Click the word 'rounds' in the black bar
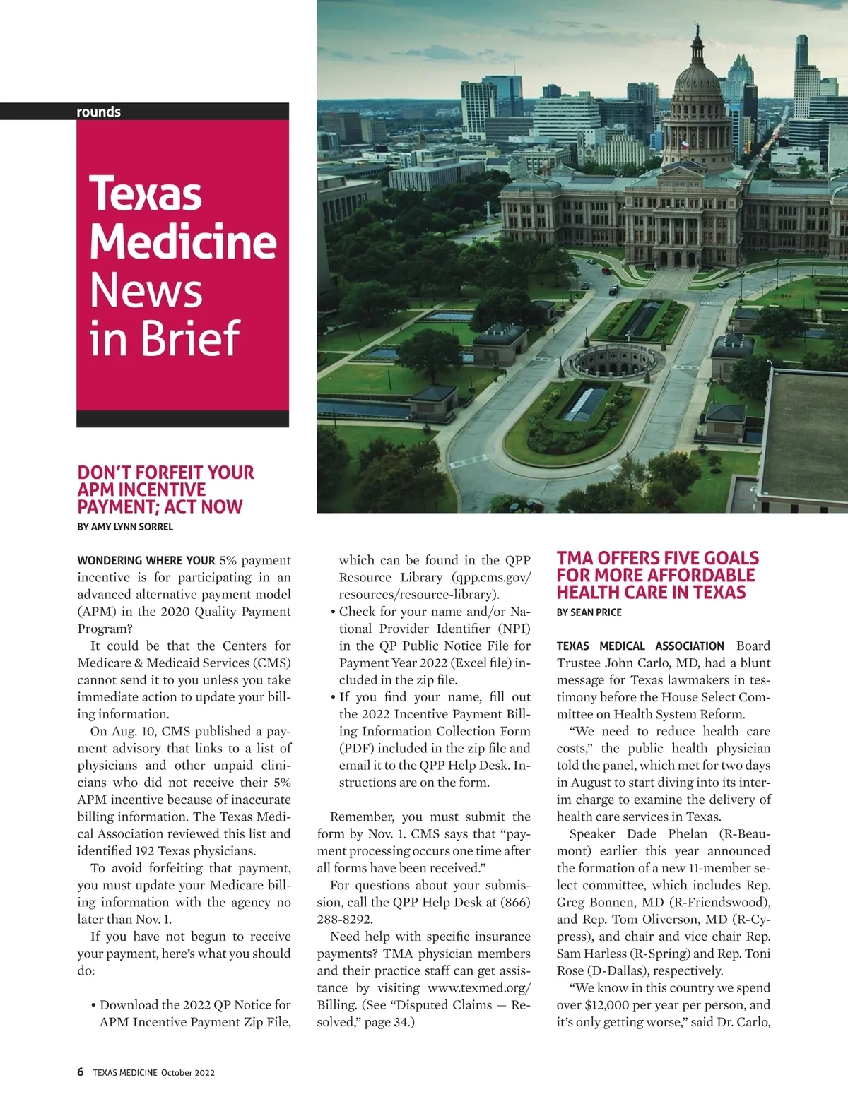[98, 112]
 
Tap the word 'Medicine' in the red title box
[182, 242]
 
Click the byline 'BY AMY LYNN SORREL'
[125, 526]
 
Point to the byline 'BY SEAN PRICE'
[589, 612]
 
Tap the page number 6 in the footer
[81, 1072]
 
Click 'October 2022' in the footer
[187, 1072]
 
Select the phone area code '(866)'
[515, 902]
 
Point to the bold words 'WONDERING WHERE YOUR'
[146, 561]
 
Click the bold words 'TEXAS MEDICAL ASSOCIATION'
[640, 646]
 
